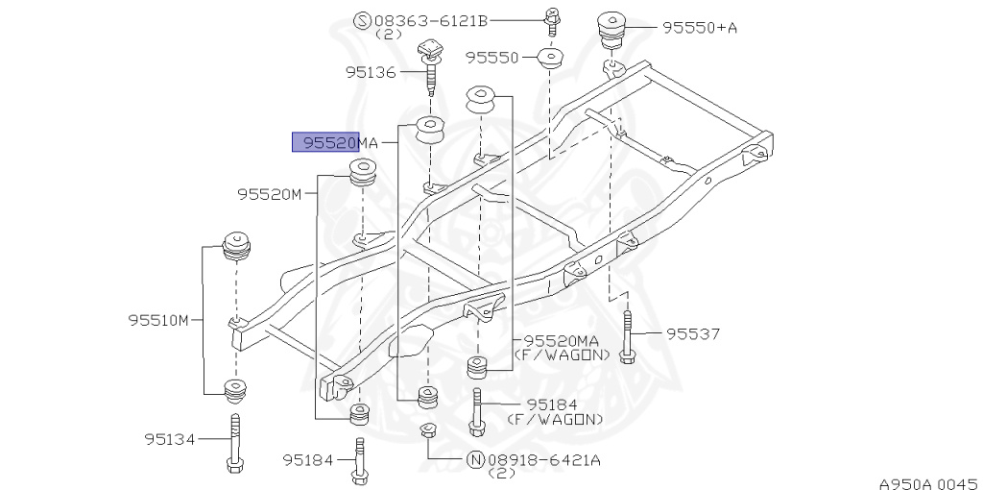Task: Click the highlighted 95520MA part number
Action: click(x=336, y=143)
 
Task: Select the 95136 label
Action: click(x=370, y=71)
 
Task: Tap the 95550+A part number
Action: click(x=699, y=28)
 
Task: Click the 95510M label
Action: click(x=158, y=320)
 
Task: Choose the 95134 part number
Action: click(x=170, y=439)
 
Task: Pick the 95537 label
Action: click(x=693, y=334)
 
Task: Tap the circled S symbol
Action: click(x=362, y=19)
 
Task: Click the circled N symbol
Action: click(x=474, y=460)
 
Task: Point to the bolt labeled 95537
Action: click(x=627, y=336)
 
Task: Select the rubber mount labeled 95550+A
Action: click(x=611, y=31)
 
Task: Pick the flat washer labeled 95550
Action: click(x=550, y=59)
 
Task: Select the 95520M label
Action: click(x=270, y=194)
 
